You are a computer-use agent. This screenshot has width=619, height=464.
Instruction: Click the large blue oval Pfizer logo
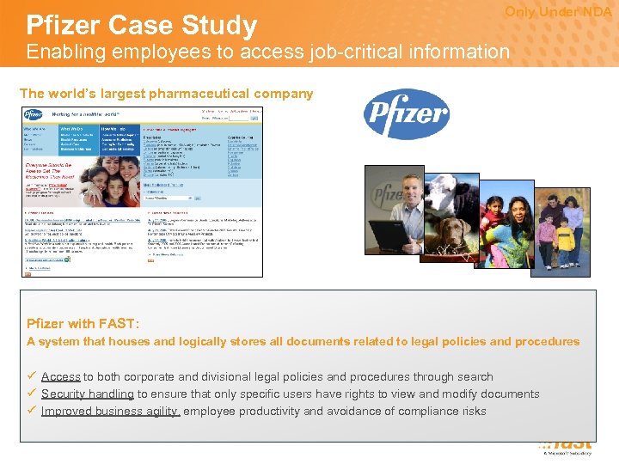point(407,114)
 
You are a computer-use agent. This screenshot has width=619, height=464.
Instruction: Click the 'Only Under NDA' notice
point(558,12)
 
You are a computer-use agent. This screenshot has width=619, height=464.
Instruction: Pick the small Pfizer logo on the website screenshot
point(34,114)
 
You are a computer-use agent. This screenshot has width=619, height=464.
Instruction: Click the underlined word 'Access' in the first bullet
point(61,376)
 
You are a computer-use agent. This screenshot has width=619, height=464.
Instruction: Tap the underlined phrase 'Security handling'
point(88,394)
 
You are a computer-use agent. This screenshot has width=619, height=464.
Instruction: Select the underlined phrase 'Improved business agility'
point(110,411)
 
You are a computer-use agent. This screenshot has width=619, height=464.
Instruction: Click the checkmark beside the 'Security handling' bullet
point(31,394)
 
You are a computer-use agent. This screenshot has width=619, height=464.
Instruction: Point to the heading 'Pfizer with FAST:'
point(83,324)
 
